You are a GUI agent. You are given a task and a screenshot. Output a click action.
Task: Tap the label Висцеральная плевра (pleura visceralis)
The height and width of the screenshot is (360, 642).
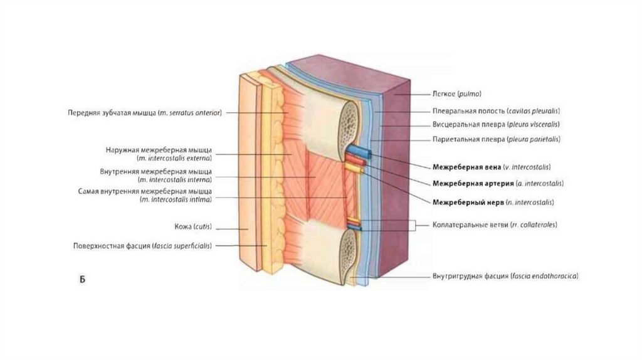(496, 124)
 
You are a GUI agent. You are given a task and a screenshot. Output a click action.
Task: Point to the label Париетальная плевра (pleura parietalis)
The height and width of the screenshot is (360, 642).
(496, 139)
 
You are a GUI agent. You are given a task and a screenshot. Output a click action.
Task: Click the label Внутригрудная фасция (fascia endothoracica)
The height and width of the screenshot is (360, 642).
(505, 276)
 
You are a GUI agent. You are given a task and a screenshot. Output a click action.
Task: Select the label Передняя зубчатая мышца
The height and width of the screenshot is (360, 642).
(145, 113)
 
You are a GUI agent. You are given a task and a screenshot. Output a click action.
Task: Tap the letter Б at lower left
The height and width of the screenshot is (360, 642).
(82, 278)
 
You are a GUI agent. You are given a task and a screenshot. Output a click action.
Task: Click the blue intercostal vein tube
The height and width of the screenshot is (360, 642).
(359, 151)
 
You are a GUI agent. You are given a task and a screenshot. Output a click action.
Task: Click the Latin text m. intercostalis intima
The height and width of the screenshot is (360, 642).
(176, 199)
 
